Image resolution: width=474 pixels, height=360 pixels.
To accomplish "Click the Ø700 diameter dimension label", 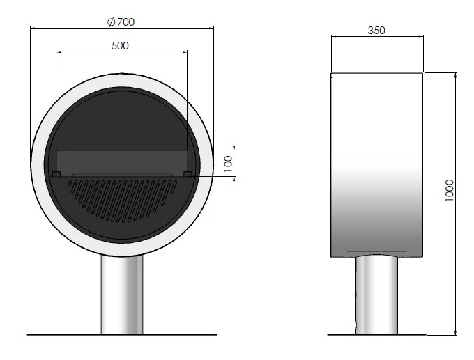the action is pyautogui.click(x=121, y=22).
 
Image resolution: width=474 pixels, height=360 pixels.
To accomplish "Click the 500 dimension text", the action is pyautogui.click(x=120, y=46).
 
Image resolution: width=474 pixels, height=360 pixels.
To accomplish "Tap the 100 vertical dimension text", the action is pyautogui.click(x=228, y=164).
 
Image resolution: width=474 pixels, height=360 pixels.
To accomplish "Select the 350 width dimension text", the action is pyautogui.click(x=376, y=31).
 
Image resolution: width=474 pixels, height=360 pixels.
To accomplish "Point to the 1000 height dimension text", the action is pyautogui.click(x=450, y=190).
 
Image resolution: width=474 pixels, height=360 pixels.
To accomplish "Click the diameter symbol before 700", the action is pyautogui.click(x=112, y=22).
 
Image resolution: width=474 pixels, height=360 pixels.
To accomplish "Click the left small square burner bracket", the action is pyautogui.click(x=56, y=174).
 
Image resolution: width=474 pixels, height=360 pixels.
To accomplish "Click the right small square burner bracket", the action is pyautogui.click(x=188, y=174).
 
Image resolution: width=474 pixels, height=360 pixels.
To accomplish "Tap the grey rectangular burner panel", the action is pyautogui.click(x=122, y=162).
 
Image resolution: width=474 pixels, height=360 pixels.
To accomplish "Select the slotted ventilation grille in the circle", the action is pyautogui.click(x=123, y=200).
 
